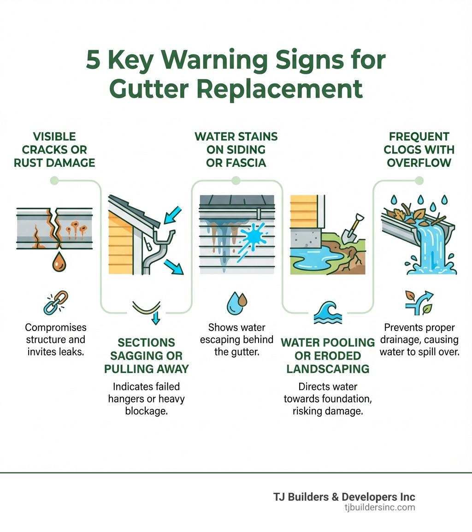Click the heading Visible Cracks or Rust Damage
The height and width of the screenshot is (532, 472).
coord(54,150)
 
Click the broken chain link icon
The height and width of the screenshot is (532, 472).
coord(55,302)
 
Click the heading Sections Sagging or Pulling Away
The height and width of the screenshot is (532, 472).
coord(146,355)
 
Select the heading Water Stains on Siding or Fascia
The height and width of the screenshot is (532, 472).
coord(236,150)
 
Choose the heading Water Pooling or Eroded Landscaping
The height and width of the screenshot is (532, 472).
coord(328,355)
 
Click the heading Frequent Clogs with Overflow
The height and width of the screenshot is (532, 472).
coord(419,150)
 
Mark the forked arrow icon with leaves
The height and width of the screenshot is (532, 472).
coord(419,302)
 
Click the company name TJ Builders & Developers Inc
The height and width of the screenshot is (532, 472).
coord(344,497)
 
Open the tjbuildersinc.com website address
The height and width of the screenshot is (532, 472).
coord(379,508)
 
